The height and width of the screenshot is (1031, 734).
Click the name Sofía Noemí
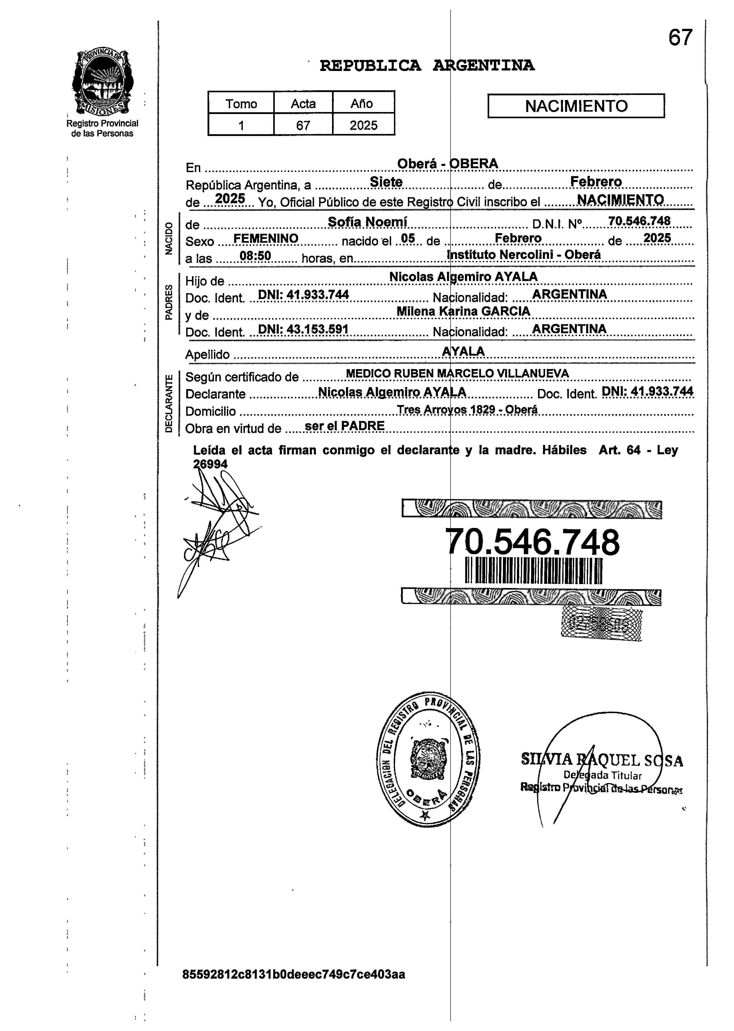pos(368,222)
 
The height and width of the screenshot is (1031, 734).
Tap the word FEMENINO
pos(265,238)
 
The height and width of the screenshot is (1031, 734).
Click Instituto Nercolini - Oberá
pos(524,255)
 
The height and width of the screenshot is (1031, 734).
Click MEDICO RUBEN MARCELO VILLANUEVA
pos(457,374)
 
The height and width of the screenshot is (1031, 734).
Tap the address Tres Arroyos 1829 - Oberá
pos(467,410)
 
